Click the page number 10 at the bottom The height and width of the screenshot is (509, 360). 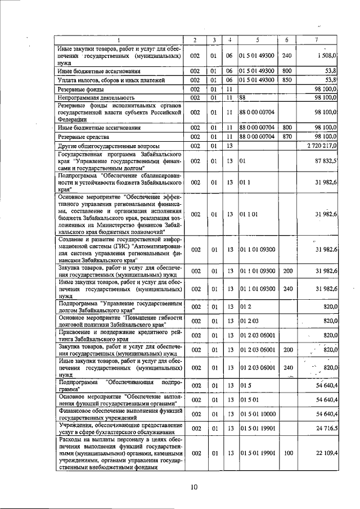pyautogui.click(x=193, y=487)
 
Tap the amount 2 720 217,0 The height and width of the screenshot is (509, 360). pyautogui.click(x=322, y=146)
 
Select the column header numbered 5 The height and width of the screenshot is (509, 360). pyautogui.click(x=258, y=39)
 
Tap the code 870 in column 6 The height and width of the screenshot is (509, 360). pyautogui.click(x=287, y=137)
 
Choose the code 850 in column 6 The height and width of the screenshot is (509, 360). pyautogui.click(x=287, y=80)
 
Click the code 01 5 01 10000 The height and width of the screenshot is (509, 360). pyautogui.click(x=257, y=413)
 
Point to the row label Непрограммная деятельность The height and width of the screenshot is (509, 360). pyautogui.click(x=94, y=98)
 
